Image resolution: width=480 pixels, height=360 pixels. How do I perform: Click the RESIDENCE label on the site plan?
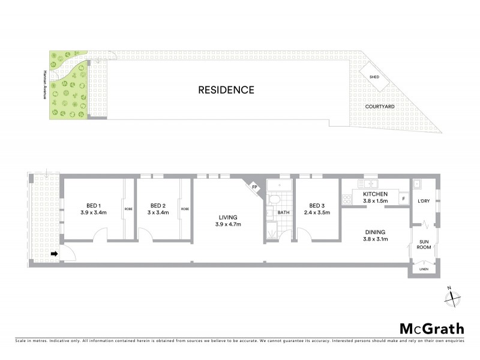227,91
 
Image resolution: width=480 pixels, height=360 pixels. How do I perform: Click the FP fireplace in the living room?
254,187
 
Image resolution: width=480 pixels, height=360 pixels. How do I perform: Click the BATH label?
283,212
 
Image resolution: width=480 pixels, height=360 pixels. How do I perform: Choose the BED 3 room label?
317,204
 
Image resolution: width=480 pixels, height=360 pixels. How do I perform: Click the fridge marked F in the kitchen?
403,199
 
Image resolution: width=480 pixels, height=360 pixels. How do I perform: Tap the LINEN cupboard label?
424,270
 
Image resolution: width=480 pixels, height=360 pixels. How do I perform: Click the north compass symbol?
454,296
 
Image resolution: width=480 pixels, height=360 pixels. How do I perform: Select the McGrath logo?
431,328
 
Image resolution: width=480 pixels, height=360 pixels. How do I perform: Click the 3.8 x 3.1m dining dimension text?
376,239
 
